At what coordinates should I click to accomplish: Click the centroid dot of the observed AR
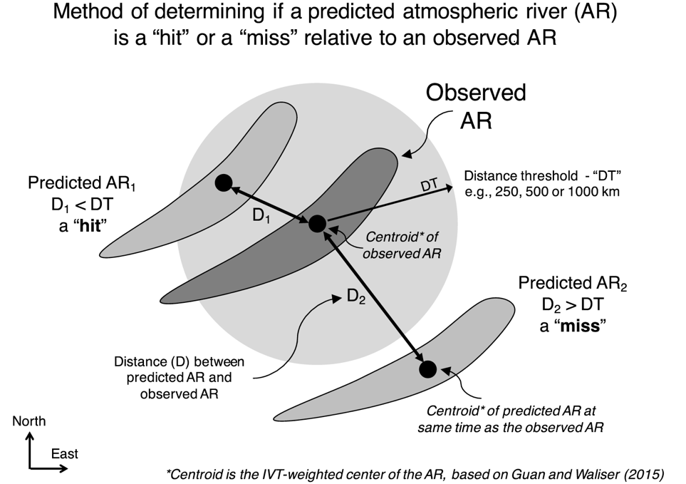318,224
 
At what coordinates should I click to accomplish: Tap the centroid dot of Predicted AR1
224,182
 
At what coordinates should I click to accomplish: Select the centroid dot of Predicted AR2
428,369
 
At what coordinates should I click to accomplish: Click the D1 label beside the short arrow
261,215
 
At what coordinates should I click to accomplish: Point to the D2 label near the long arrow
356,297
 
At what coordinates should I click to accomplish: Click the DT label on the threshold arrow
429,185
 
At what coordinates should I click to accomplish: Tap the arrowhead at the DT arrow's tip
449,188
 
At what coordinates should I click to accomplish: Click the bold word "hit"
90,226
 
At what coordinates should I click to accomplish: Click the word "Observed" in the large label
476,93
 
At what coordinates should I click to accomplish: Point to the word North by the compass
29,421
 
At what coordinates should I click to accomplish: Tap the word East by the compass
64,454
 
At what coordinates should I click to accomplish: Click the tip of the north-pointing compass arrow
30,433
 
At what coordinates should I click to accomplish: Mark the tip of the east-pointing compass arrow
68,469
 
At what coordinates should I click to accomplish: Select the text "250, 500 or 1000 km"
557,192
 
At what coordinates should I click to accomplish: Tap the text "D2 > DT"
573,304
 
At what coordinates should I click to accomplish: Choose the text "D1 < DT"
82,205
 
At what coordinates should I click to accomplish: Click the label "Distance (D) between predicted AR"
179,369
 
